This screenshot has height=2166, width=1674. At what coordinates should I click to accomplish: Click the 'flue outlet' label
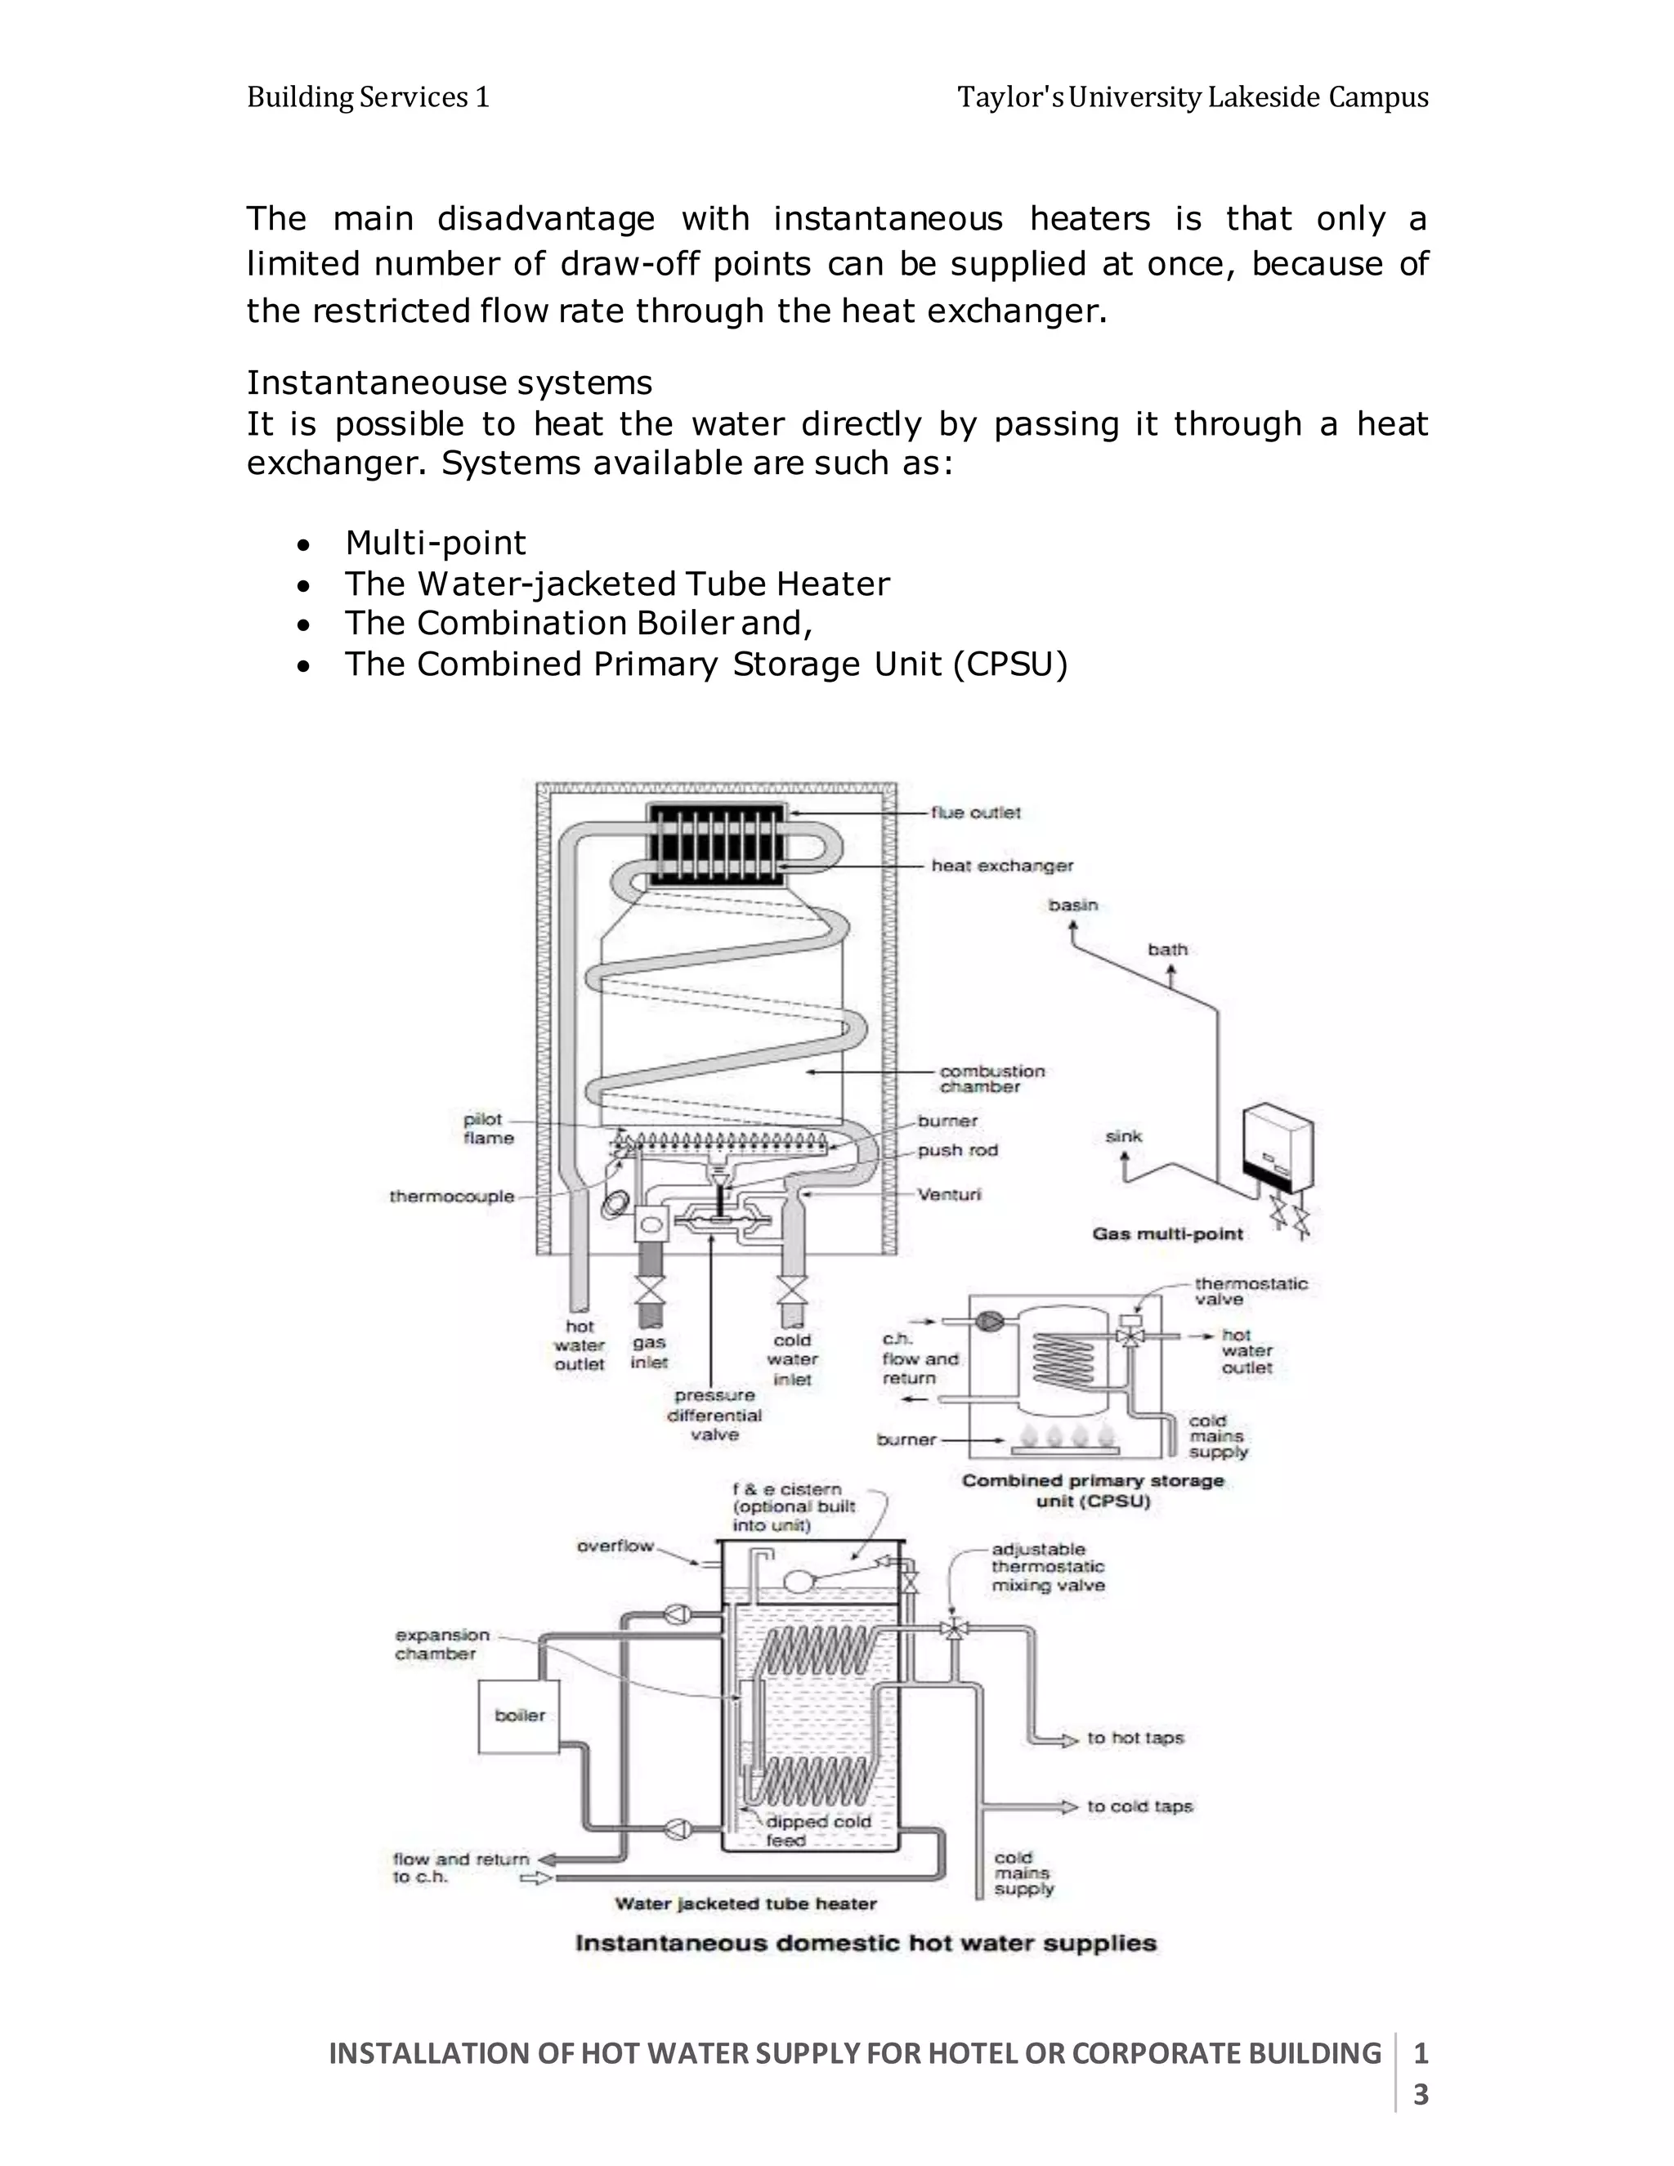coord(975,812)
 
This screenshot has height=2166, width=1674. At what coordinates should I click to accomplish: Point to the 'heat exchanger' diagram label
coord(1001,866)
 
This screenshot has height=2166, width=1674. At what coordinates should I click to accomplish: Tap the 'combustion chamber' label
coord(991,1079)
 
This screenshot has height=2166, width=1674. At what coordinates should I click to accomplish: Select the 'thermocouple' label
coord(451,1196)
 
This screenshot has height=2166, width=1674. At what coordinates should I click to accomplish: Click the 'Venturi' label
coord(949,1194)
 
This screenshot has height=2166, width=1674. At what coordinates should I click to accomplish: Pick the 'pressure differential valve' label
coord(714,1415)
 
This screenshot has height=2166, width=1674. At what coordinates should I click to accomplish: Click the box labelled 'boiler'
coord(519,1716)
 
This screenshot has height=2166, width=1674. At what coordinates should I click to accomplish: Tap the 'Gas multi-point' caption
coord(1167,1233)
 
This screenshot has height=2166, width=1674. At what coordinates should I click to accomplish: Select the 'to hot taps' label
coord(1135,1738)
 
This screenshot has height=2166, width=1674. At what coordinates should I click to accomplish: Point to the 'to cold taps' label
coord(1139,1806)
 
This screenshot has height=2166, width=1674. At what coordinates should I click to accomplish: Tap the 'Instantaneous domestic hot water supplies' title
coord(865,1943)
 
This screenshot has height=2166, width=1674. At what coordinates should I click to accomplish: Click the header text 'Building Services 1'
coord(368,97)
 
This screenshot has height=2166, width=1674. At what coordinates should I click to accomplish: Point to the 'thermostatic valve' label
coord(1250,1291)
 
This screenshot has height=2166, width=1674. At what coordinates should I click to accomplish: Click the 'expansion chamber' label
coord(441,1644)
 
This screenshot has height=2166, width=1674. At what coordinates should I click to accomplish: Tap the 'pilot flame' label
coord(488,1129)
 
